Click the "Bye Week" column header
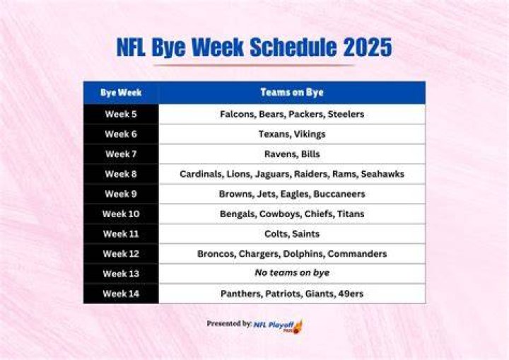121,93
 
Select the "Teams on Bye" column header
292,93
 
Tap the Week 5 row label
121,114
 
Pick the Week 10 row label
121,214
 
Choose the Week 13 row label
121,274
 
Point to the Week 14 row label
121,294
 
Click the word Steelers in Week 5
346,114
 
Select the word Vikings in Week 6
310,134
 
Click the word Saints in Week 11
306,234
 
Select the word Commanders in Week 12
357,254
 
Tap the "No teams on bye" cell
292,272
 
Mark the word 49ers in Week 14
351,294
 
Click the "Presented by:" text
229,324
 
